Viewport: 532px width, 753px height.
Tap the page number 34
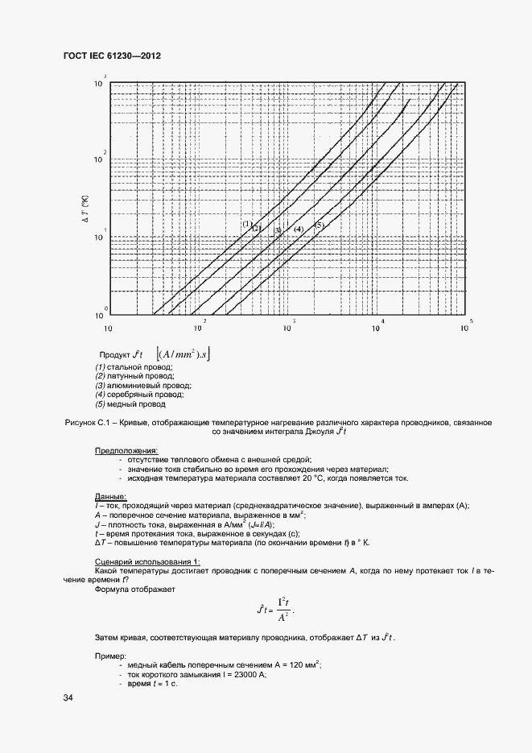pos(68,697)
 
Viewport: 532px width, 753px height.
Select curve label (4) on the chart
pos(298,230)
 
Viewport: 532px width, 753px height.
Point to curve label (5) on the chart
pos(319,225)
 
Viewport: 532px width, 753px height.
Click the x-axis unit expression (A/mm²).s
pos(186,354)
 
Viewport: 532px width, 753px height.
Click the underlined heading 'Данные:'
pos(110,496)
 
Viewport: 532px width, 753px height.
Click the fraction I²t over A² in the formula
pos(283,610)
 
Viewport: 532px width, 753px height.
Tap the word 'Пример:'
pos(111,656)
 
